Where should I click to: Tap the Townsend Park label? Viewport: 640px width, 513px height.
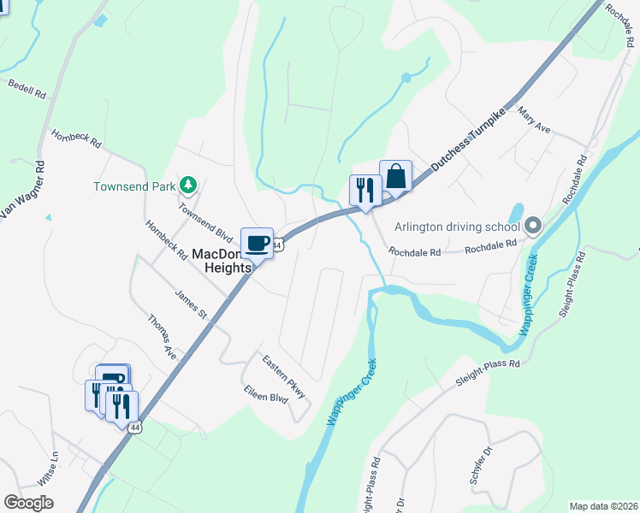point(135,186)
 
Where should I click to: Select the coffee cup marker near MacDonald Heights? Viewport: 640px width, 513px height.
point(257,243)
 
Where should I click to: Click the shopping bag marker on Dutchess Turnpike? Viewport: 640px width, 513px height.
point(395,177)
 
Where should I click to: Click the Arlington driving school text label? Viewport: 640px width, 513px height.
point(457,227)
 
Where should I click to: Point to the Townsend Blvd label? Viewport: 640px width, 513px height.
point(205,221)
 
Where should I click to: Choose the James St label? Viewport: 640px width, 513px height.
point(191,304)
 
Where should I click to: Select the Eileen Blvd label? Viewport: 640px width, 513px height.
point(266,398)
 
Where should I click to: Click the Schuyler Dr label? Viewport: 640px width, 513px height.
point(482,465)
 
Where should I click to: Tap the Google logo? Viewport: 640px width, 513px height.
point(28,503)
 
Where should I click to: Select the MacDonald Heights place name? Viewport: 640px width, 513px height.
point(222,260)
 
